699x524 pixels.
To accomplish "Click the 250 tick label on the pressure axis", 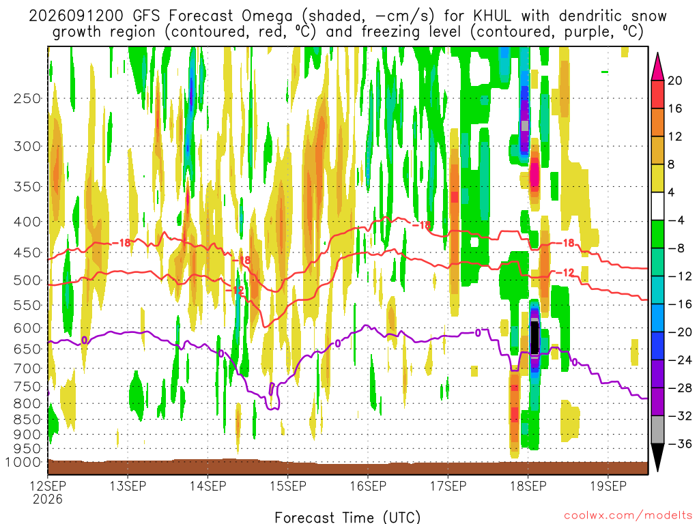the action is (x=27, y=98).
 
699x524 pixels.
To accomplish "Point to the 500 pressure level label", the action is (x=27, y=280).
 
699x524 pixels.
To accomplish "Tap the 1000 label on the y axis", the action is (x=24, y=462).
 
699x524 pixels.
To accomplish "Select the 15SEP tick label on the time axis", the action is (x=288, y=486).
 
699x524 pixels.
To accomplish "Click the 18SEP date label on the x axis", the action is (x=528, y=486).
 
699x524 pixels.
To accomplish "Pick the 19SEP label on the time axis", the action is (x=608, y=486).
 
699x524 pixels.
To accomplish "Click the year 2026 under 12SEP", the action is (x=48, y=499).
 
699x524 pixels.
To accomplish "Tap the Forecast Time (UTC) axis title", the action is (x=347, y=517).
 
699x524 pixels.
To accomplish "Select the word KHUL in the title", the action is (x=491, y=16).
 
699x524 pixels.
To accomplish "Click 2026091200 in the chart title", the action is (x=76, y=16).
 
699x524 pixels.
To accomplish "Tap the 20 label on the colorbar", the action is (x=674, y=81).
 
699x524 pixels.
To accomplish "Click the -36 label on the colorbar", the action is (x=680, y=443).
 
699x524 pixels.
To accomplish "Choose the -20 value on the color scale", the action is (x=680, y=332).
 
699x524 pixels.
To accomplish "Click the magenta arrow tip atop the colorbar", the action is (x=657, y=54).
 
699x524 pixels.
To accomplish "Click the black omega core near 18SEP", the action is (x=534, y=337).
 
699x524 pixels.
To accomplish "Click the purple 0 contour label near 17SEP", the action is (x=477, y=333).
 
